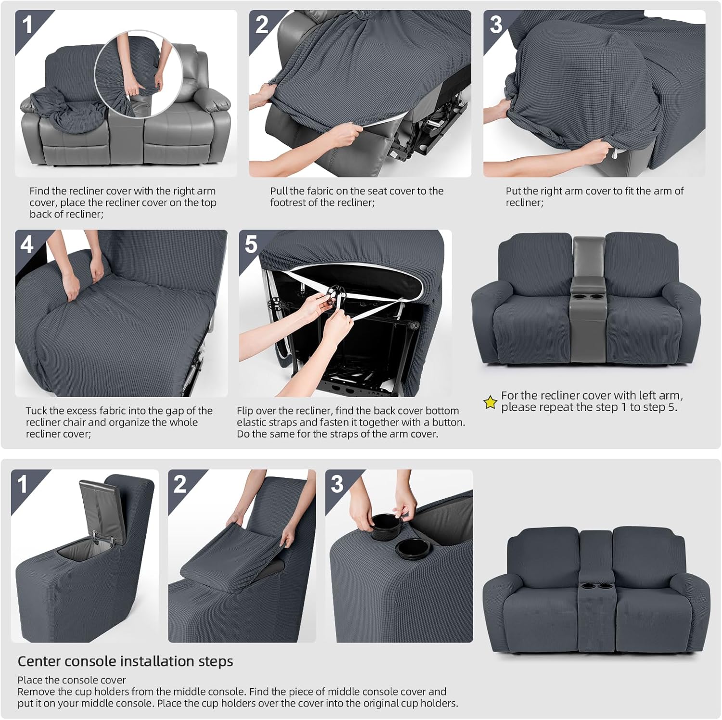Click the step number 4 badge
(x=27, y=244)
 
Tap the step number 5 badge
(x=251, y=244)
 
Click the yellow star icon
(x=490, y=402)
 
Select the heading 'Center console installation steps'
(x=125, y=661)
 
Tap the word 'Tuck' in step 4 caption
(x=36, y=411)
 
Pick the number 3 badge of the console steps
(x=337, y=484)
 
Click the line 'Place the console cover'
(x=72, y=680)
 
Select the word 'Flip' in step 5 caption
(x=245, y=411)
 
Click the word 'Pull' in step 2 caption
(x=279, y=191)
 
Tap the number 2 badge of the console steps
(x=180, y=484)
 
